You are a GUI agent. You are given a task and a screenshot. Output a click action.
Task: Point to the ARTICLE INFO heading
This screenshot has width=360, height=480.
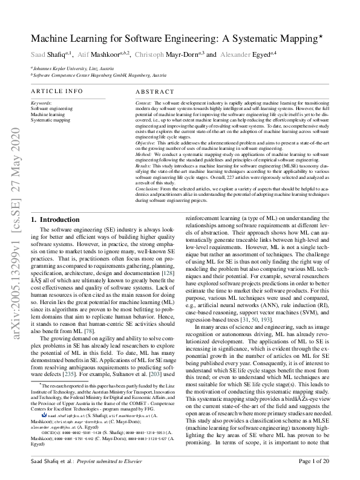57,91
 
